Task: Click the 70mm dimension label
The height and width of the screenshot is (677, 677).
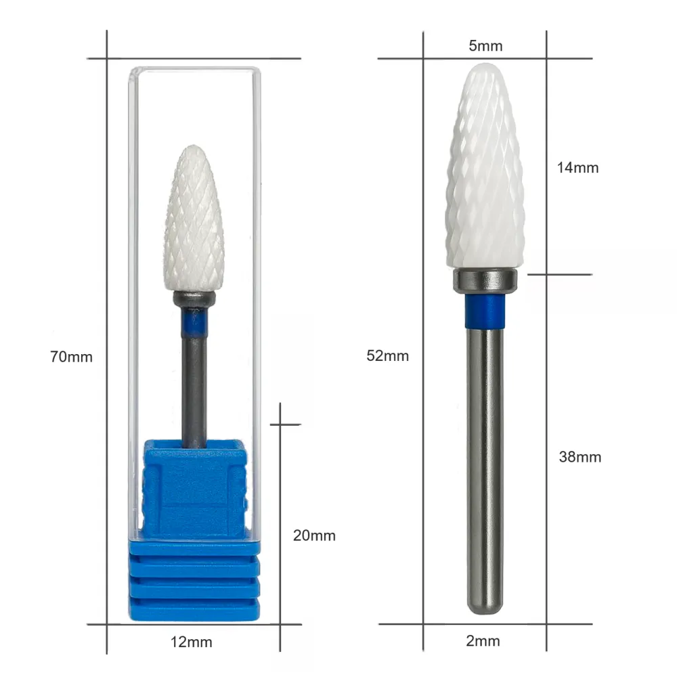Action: (x=71, y=357)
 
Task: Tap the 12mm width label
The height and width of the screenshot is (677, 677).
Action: (x=192, y=642)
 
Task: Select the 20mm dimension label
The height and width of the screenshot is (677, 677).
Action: (x=314, y=536)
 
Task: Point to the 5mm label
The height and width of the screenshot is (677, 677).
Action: (x=485, y=46)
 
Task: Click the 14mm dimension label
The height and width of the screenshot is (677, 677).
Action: (x=577, y=167)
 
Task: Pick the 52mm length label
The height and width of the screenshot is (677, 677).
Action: (x=388, y=356)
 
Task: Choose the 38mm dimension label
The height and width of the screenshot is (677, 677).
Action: (x=580, y=457)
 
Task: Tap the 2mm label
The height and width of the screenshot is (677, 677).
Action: (x=483, y=640)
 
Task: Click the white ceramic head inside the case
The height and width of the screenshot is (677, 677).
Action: (x=194, y=219)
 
